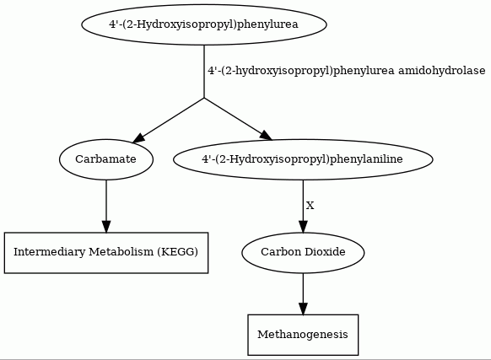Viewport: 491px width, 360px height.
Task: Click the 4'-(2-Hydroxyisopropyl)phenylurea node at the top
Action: click(x=204, y=24)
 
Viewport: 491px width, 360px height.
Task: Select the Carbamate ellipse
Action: click(x=106, y=159)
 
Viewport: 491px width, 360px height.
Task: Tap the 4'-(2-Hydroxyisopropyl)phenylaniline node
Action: click(x=303, y=159)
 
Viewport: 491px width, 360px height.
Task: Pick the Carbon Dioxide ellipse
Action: click(x=303, y=252)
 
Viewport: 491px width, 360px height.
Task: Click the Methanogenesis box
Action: click(x=303, y=335)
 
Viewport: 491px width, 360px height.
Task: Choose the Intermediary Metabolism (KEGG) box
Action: click(x=106, y=253)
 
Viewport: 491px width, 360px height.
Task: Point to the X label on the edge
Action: click(x=310, y=206)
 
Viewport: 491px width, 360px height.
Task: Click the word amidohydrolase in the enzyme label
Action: click(x=442, y=71)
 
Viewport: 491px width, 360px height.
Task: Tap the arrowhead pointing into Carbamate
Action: click(x=138, y=138)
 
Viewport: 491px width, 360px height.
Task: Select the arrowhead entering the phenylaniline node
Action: click(x=266, y=135)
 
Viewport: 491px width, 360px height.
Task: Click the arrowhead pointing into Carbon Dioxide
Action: click(x=303, y=227)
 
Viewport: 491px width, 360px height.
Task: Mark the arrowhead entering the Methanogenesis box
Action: click(x=303, y=309)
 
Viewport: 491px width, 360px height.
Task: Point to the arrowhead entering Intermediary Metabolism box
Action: click(x=106, y=227)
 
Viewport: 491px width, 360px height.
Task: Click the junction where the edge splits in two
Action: click(x=204, y=98)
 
